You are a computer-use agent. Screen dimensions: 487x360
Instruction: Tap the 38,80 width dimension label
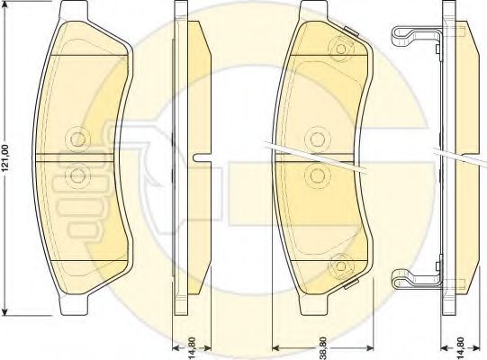pos(323,348)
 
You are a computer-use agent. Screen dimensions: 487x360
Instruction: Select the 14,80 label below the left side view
pos(192,348)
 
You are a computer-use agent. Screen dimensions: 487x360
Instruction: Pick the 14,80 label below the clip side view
pos(460,348)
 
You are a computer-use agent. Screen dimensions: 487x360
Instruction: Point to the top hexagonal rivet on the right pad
pos(341,49)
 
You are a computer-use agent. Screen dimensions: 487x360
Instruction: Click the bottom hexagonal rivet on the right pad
pos(341,265)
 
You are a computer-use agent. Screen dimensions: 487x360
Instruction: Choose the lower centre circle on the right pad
pos(317,176)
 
